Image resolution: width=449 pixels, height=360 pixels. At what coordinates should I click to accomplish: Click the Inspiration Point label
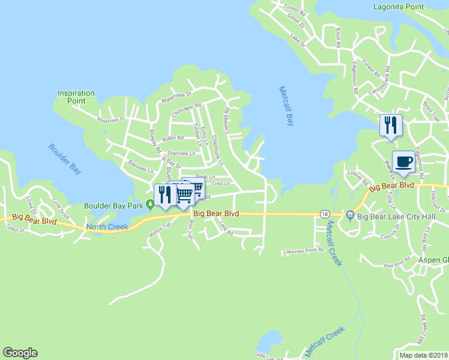pos(76,97)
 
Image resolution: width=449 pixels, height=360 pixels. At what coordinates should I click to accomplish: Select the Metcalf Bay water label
pos(287,106)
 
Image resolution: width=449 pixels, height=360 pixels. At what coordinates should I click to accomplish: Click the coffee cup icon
pos(405,161)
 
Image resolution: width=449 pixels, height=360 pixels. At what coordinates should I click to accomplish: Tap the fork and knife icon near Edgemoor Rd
pos(390,125)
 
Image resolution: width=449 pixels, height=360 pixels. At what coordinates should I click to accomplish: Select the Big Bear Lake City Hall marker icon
pos(350,214)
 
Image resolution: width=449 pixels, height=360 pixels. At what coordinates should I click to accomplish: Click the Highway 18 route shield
pos(325,214)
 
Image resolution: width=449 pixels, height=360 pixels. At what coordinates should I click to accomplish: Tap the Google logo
pos(20,353)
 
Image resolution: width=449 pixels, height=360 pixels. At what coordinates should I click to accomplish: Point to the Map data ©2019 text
pos(423,355)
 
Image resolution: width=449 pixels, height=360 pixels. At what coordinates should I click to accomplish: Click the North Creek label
pos(103,226)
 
